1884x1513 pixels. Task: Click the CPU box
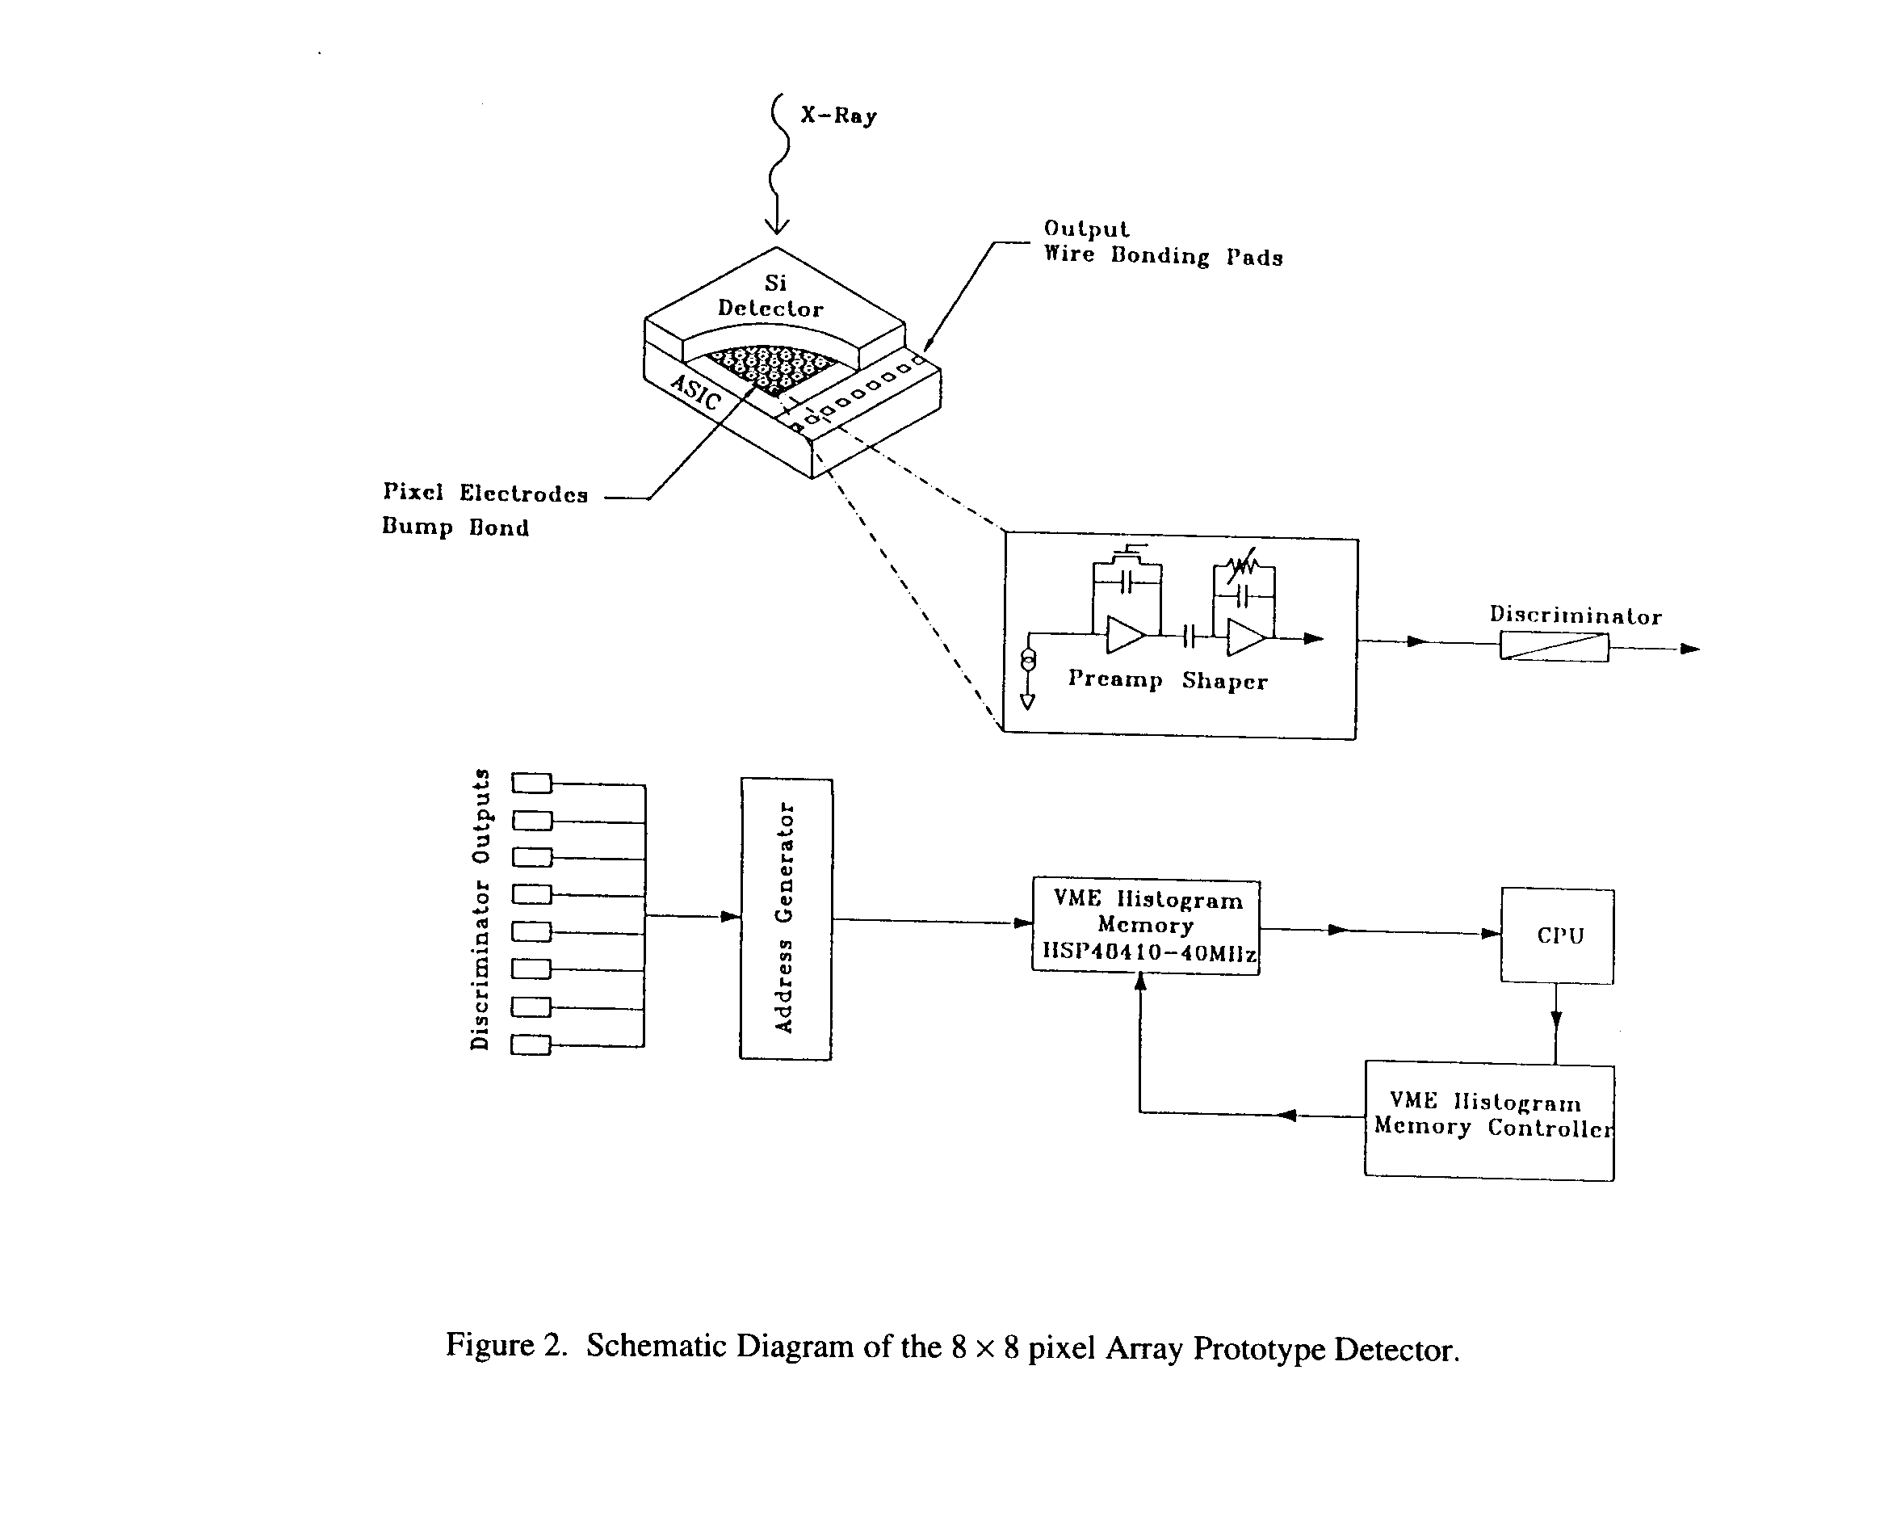pos(1558,936)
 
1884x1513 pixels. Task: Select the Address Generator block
pos(786,918)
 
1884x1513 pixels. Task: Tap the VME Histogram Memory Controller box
pos(1490,1121)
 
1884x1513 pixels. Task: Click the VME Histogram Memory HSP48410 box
pos(1147,927)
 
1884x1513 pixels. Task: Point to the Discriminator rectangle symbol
pos(1555,647)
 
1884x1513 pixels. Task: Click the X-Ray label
pos(839,116)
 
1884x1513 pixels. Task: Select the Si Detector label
pos(770,296)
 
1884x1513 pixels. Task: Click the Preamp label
pos(1115,679)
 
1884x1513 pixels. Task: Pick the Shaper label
pos(1224,681)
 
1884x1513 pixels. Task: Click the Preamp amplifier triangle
pos(1125,636)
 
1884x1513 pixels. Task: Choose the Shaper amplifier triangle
pos(1244,637)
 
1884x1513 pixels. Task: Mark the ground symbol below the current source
pos(1029,701)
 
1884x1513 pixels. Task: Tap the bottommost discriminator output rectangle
pos(531,1044)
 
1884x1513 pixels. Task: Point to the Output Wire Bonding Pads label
pos(1162,243)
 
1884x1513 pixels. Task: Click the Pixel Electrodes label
pos(485,493)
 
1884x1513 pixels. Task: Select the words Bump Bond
pos(455,527)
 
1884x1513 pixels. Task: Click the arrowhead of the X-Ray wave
pos(777,226)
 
